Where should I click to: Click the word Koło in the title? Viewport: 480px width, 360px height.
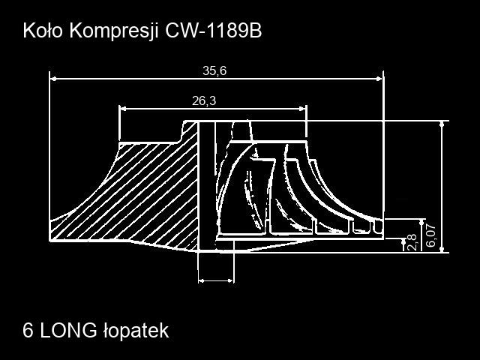click(x=43, y=31)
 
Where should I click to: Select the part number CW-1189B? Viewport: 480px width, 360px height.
click(x=213, y=31)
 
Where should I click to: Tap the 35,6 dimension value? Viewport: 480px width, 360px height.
click(x=214, y=71)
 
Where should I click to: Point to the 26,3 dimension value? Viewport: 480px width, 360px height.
click(x=204, y=100)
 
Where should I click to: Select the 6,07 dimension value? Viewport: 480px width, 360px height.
click(x=430, y=235)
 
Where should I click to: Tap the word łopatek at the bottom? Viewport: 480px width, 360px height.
click(x=136, y=331)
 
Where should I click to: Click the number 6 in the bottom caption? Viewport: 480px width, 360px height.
click(x=28, y=331)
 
